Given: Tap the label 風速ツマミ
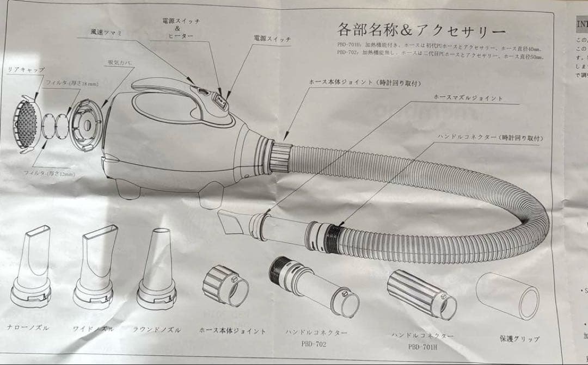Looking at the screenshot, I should click(107, 33).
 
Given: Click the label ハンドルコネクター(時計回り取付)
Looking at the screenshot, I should click(490, 138).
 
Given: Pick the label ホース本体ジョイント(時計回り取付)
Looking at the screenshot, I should click(365, 83).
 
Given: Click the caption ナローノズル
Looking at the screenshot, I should click(28, 328).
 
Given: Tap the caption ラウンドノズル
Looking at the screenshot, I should click(156, 330).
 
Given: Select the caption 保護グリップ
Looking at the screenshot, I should click(519, 338).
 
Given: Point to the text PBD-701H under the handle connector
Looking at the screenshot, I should click(423, 346).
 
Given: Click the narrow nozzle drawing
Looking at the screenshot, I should click(32, 267).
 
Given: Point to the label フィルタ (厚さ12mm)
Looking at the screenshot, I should click(48, 173).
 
